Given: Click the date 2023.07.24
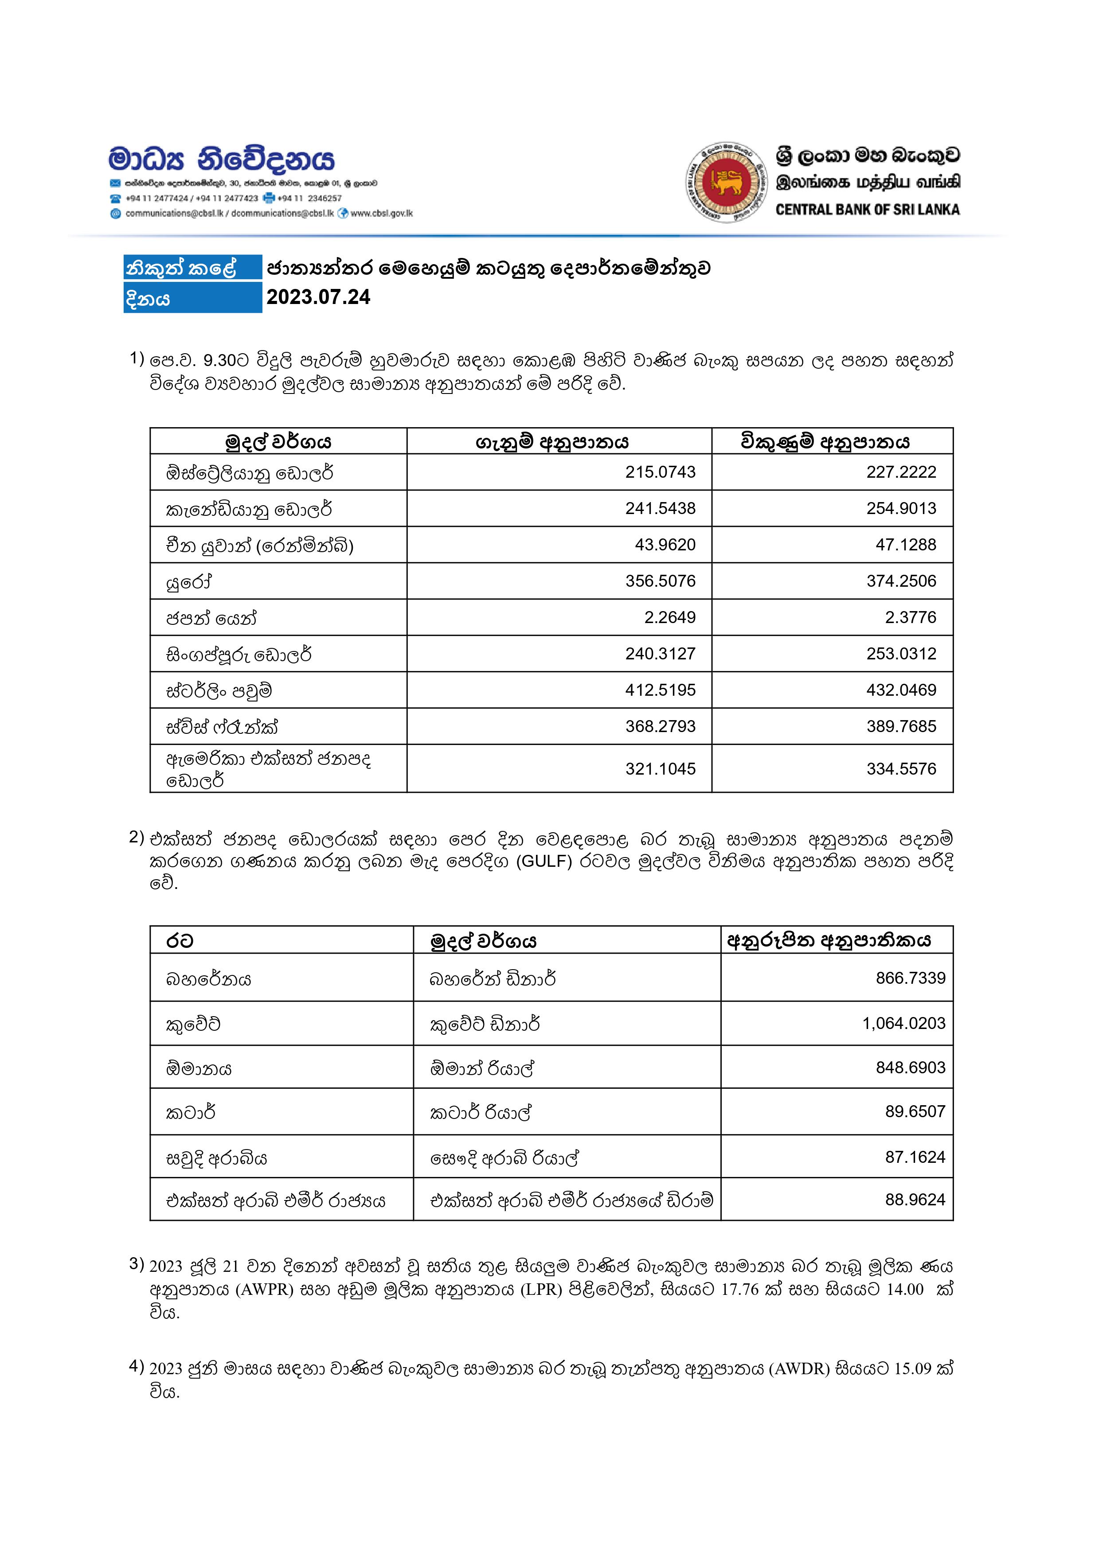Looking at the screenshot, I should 318,297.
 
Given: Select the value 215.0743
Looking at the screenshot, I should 660,472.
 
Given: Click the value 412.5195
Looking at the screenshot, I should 660,690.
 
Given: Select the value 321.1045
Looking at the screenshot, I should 660,769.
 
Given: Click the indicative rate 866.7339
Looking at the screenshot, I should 910,978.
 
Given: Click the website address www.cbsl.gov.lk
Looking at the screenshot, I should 381,213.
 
